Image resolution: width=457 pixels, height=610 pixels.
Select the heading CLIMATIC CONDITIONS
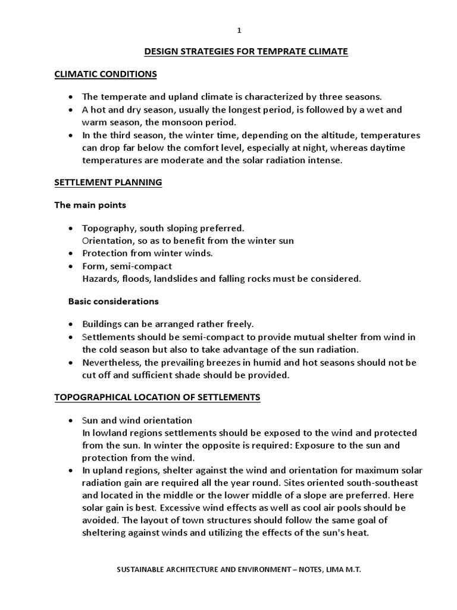click(x=105, y=74)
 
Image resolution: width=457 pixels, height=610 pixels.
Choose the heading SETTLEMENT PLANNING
click(x=108, y=183)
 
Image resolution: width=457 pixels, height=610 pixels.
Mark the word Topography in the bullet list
click(x=105, y=229)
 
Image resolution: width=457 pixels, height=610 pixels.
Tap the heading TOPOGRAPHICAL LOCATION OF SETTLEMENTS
click(x=157, y=397)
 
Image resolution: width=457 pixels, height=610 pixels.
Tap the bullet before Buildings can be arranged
click(x=71, y=325)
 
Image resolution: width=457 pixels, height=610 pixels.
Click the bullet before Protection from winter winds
click(x=71, y=253)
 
